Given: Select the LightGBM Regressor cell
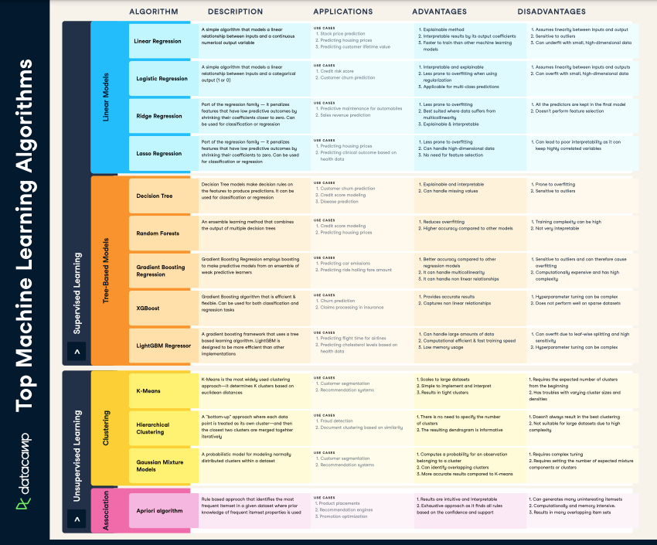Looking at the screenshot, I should click(163, 346).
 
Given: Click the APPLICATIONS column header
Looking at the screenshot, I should click(344, 12).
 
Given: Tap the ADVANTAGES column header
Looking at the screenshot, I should click(439, 12).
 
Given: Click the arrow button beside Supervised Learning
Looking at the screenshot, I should click(77, 352).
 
